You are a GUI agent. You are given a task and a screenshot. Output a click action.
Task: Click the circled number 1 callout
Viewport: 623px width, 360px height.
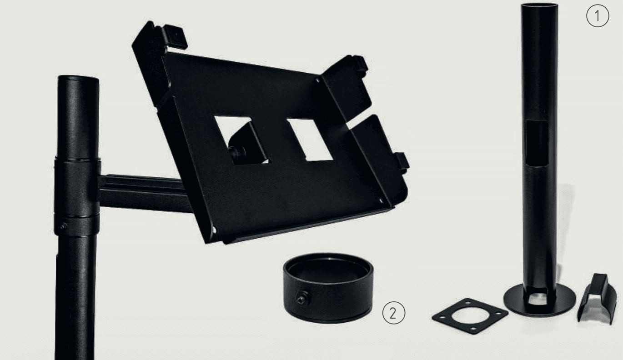598,16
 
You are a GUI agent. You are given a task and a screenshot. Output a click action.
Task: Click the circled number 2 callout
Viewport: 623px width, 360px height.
393,313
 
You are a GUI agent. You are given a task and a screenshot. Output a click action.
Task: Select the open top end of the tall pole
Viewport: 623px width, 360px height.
539,5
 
